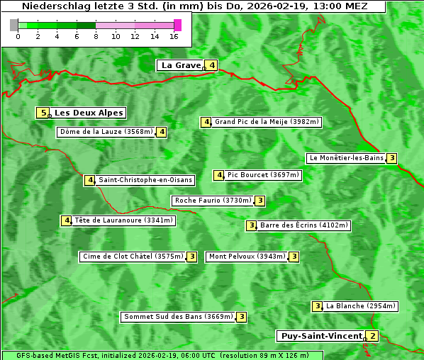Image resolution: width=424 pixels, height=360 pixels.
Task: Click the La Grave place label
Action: tap(182, 65)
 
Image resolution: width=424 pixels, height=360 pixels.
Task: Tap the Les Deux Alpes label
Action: tap(89, 113)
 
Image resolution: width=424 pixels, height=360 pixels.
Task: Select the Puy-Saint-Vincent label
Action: tap(321, 336)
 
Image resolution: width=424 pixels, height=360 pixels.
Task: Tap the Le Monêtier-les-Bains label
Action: tap(345, 158)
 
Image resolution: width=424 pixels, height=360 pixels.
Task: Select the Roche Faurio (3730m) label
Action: tap(213, 201)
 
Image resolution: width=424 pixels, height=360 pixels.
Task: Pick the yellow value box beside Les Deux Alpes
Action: tap(43, 113)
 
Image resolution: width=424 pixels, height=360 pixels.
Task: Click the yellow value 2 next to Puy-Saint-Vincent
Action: tap(373, 336)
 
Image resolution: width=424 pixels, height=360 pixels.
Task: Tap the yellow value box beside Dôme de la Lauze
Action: tap(162, 132)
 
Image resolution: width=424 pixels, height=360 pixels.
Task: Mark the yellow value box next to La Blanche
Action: tap(317, 306)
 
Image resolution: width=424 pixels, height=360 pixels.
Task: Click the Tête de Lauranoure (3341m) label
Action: tap(124, 220)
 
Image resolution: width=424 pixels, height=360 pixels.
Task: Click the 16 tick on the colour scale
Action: tap(174, 36)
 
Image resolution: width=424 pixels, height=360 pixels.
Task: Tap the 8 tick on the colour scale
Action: tap(96, 36)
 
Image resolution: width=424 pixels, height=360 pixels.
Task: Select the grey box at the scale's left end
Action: tap(14, 25)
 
